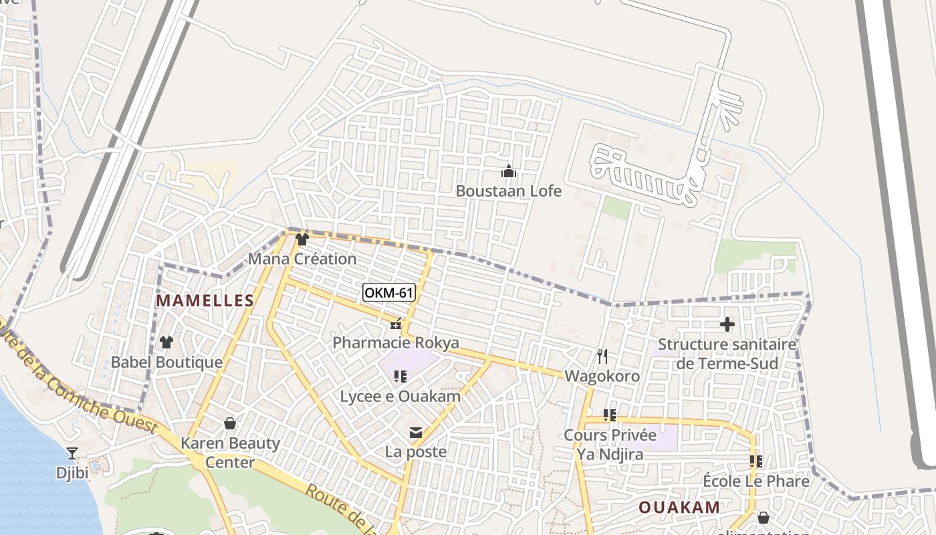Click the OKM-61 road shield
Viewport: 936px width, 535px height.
click(389, 292)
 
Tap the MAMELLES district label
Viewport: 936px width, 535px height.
click(205, 301)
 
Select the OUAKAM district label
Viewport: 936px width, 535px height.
click(679, 507)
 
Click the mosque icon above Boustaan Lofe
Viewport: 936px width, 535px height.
click(509, 172)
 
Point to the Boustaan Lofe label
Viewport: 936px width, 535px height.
click(509, 191)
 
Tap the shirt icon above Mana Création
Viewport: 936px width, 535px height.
click(302, 239)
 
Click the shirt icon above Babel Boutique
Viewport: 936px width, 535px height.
click(166, 342)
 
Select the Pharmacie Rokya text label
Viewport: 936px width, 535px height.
click(396, 343)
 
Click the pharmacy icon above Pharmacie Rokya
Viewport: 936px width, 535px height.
click(396, 324)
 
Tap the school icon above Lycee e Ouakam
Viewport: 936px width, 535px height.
click(400, 377)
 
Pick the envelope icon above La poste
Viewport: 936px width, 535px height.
click(416, 433)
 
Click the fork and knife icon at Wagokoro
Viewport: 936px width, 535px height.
click(602, 356)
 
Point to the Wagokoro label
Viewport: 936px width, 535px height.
click(602, 376)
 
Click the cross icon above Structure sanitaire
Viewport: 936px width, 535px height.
click(727, 325)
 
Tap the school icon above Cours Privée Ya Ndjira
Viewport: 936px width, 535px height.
click(609, 415)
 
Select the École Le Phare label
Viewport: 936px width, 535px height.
click(756, 481)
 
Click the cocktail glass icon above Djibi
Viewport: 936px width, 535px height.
click(72, 453)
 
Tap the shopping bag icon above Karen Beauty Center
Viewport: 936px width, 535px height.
click(230, 423)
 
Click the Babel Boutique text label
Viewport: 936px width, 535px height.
click(166, 362)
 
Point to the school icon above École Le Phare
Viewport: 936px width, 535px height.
click(756, 461)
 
